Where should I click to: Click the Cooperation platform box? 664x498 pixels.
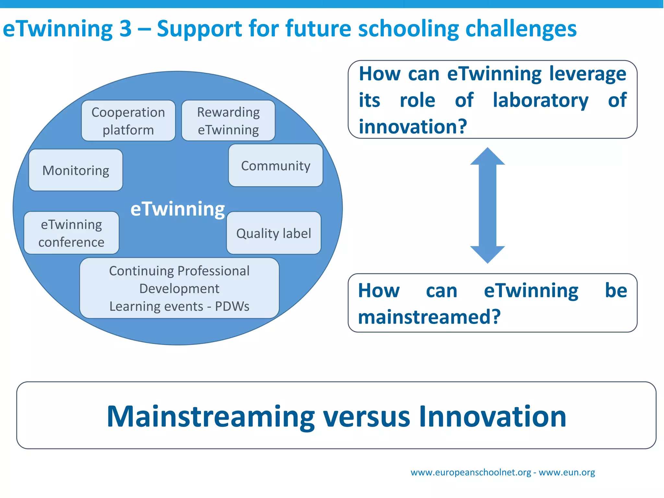pos(128,121)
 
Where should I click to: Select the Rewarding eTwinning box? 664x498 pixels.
pos(228,121)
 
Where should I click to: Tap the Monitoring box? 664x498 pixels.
pos(76,170)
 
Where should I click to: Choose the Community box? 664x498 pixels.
pos(276,166)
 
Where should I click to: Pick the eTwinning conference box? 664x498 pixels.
pos(71,233)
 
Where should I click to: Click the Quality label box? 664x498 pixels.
pos(274,233)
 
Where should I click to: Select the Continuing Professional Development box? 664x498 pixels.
pos(179,288)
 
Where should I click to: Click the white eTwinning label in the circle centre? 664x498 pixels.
pos(177,209)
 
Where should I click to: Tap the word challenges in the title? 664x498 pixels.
pos(521,29)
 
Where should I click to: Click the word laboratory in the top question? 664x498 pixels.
pos(540,100)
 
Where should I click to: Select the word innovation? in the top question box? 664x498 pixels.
pos(413,126)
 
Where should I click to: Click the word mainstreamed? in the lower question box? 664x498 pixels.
pos(429,317)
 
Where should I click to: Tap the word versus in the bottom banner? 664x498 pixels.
pos(366,416)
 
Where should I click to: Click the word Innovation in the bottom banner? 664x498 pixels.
pos(492,416)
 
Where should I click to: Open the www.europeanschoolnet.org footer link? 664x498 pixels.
pos(471,472)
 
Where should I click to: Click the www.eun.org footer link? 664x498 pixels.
pos(567,472)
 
